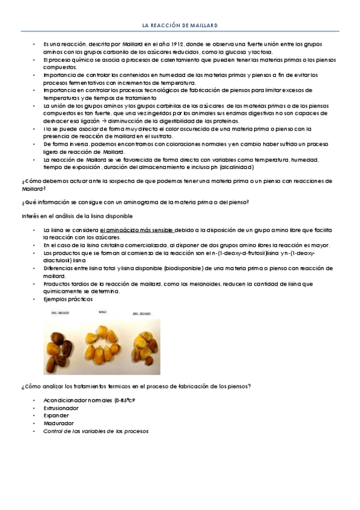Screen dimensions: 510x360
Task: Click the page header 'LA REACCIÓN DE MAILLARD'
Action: (x=180, y=26)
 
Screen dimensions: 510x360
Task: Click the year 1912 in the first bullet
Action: (x=171, y=45)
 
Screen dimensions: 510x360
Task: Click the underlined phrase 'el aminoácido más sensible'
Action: (x=137, y=230)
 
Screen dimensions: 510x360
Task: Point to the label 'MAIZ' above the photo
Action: (x=101, y=312)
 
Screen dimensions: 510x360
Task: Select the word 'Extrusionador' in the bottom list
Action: (x=61, y=408)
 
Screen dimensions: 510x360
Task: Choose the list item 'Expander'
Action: (x=56, y=415)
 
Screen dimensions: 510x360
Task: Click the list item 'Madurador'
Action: (x=58, y=423)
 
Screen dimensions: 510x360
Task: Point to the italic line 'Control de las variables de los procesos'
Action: (x=96, y=431)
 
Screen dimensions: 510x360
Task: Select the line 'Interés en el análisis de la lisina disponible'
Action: (x=76, y=215)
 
